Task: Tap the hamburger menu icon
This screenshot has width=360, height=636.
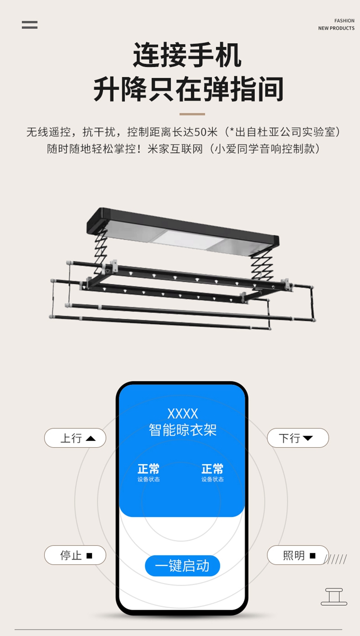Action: pyautogui.click(x=29, y=25)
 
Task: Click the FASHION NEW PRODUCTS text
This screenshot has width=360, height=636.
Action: pyautogui.click(x=336, y=24)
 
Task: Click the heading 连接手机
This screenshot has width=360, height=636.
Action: pyautogui.click(x=187, y=55)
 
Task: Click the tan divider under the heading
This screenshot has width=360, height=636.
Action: pyautogui.click(x=192, y=114)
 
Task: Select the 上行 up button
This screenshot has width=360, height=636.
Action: pyautogui.click(x=75, y=438)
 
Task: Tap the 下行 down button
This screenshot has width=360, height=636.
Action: pyautogui.click(x=298, y=438)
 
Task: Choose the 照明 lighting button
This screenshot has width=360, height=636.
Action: pyautogui.click(x=298, y=555)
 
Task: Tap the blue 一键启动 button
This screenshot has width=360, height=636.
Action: pyautogui.click(x=182, y=566)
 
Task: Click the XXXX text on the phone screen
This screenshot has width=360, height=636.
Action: pyautogui.click(x=183, y=414)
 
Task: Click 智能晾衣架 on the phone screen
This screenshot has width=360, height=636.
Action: pyautogui.click(x=183, y=430)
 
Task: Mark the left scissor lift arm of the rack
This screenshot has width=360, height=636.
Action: pyautogui.click(x=101, y=250)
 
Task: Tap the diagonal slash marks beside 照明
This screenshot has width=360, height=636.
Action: pyautogui.click(x=336, y=559)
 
